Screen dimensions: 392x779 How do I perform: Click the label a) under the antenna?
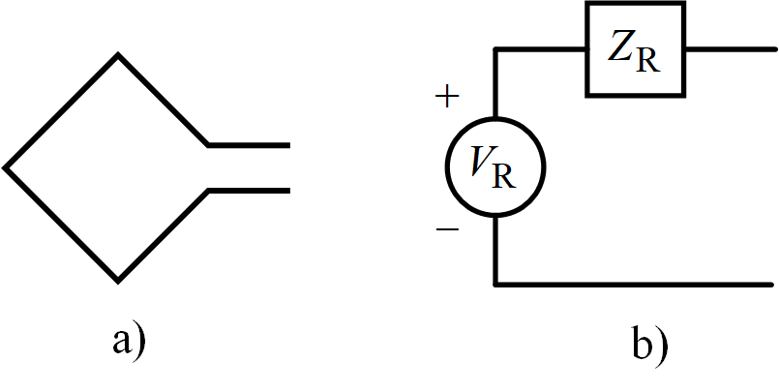click(x=128, y=341)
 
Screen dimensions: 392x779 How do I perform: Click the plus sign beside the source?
click(x=447, y=98)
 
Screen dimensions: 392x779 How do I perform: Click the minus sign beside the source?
click(x=447, y=230)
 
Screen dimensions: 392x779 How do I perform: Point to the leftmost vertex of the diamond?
click(x=6, y=167)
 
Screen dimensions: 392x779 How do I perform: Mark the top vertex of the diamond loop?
click(x=118, y=55)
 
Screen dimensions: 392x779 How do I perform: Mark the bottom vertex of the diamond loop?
click(x=118, y=281)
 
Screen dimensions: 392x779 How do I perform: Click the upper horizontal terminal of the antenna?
click(x=249, y=145)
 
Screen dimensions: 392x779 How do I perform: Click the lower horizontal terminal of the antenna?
click(x=249, y=191)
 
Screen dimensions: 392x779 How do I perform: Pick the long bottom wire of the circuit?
click(x=634, y=286)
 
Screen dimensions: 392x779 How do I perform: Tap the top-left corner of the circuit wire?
click(x=495, y=49)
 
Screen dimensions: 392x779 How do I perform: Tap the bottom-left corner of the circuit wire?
click(x=495, y=286)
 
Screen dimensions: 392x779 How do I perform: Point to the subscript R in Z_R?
click(x=647, y=64)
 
